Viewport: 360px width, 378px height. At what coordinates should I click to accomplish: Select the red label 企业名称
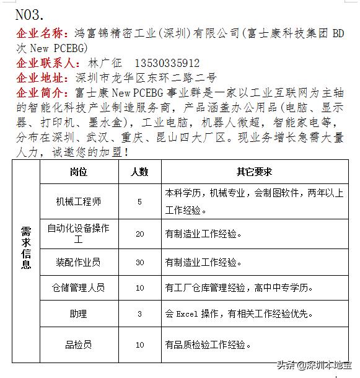pyautogui.click(x=41, y=33)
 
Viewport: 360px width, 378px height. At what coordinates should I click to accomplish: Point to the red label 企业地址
pyautogui.click(x=41, y=78)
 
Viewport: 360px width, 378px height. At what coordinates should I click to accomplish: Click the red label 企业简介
pyautogui.click(x=41, y=93)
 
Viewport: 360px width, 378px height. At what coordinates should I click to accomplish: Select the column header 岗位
pyautogui.click(x=79, y=172)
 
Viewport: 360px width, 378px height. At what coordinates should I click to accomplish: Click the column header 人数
pyautogui.click(x=139, y=172)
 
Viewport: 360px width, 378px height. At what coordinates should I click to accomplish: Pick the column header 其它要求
pyautogui.click(x=254, y=172)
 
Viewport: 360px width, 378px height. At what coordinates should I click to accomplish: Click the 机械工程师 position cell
pyautogui.click(x=79, y=201)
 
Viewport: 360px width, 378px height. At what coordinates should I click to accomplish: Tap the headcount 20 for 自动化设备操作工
pyautogui.click(x=139, y=234)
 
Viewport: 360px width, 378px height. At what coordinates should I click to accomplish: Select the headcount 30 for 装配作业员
pyautogui.click(x=139, y=262)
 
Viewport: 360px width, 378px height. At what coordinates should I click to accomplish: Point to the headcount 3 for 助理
pyautogui.click(x=139, y=314)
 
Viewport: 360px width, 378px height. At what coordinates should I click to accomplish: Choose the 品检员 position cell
pyautogui.click(x=79, y=345)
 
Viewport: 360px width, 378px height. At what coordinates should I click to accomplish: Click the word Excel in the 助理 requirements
pyautogui.click(x=187, y=314)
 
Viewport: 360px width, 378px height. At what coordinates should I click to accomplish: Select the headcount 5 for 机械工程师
pyautogui.click(x=139, y=201)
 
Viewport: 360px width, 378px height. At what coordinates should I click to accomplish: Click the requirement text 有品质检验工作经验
pyautogui.click(x=208, y=345)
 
